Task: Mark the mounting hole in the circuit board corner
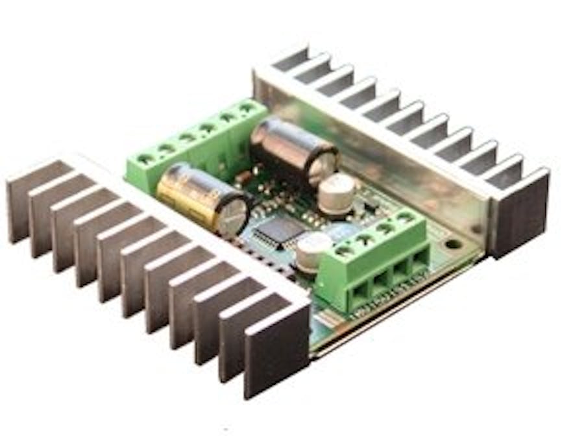[x=452, y=245]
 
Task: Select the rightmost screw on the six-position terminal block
[x=247, y=107]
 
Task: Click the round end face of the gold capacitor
[x=234, y=214]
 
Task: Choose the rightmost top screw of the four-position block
[x=406, y=216]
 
